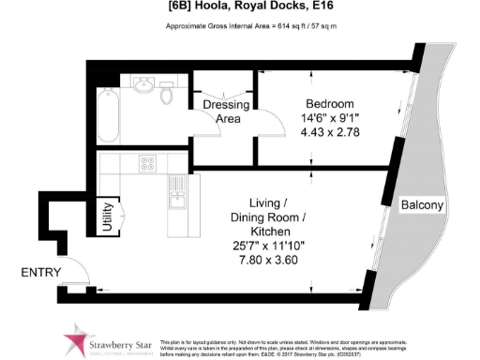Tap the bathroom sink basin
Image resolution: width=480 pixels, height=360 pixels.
click(142, 86)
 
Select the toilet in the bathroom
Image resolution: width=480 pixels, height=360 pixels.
click(168, 94)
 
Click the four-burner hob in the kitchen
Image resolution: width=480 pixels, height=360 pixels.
click(148, 164)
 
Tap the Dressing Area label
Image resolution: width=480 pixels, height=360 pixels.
click(226, 112)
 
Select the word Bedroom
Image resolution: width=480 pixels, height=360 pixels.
click(330, 102)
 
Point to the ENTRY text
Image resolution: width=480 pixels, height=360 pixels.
click(40, 273)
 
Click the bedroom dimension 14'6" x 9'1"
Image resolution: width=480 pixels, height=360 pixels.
click(329, 118)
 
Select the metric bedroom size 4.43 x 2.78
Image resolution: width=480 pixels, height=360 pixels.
click(329, 133)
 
